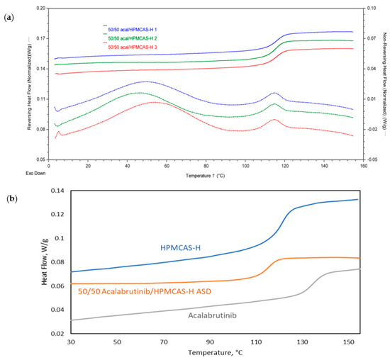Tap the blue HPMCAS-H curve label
[184, 247]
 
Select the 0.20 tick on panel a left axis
[41, 8]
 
